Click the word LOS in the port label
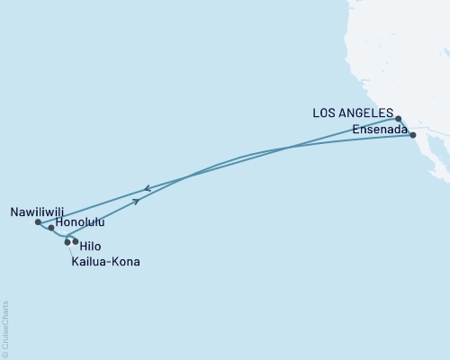click(326, 114)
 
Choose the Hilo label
click(90, 243)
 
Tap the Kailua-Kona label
click(106, 262)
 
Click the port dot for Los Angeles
click(399, 118)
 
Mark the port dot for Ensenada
click(413, 135)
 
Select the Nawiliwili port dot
click(37, 221)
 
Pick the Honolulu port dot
click(51, 229)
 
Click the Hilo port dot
click(75, 241)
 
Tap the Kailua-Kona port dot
click(67, 242)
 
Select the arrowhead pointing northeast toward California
click(137, 202)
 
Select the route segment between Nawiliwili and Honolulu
click(44, 225)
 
